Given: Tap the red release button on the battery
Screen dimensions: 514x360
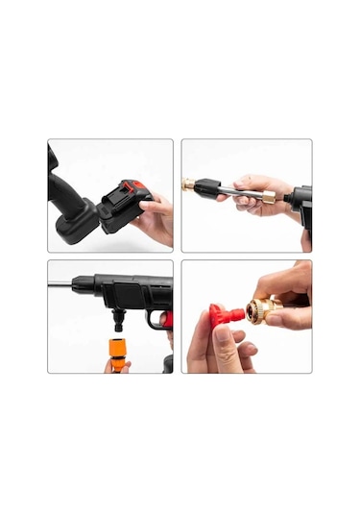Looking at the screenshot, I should (137, 186).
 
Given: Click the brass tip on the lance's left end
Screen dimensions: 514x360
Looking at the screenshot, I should (188, 183).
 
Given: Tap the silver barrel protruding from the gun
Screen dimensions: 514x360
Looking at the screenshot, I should (60, 283).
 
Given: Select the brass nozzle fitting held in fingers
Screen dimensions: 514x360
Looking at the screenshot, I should (260, 309).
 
